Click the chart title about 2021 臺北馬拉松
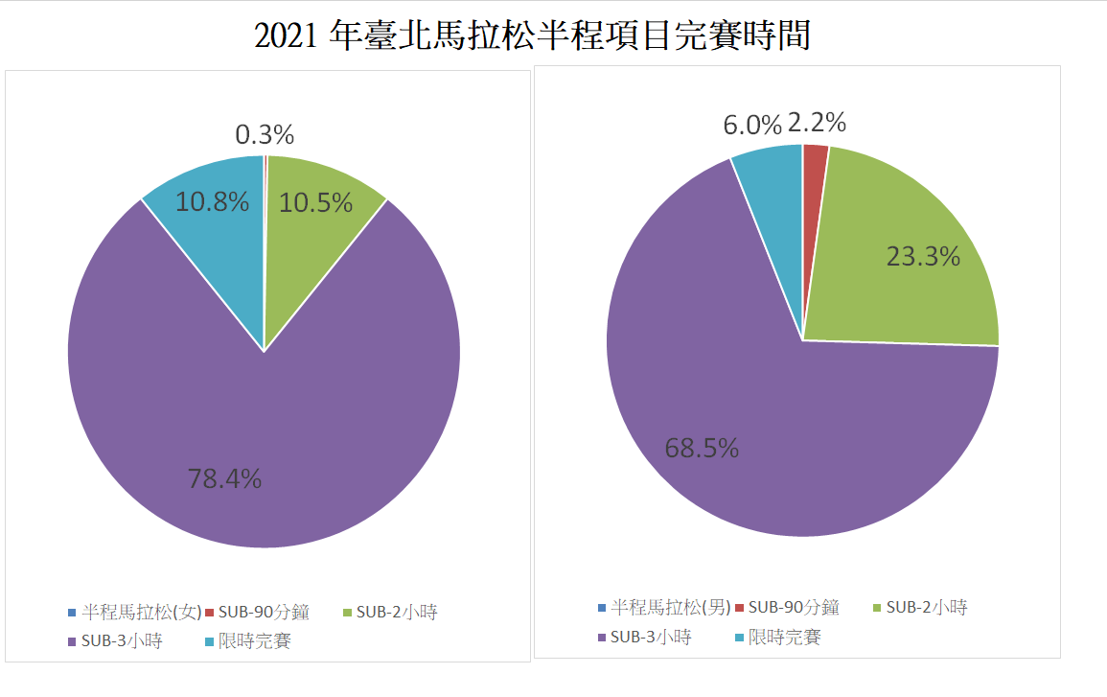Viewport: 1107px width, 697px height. pos(532,35)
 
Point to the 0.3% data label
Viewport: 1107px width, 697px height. pos(264,135)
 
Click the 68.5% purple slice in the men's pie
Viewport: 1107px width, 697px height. pos(728,403)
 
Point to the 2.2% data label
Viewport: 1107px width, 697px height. pos(817,123)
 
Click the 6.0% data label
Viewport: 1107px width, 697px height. pos(752,125)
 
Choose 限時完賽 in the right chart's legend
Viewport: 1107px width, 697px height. pos(784,637)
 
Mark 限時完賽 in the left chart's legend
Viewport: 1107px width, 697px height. pos(254,640)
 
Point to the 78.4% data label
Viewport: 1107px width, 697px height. pos(224,478)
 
